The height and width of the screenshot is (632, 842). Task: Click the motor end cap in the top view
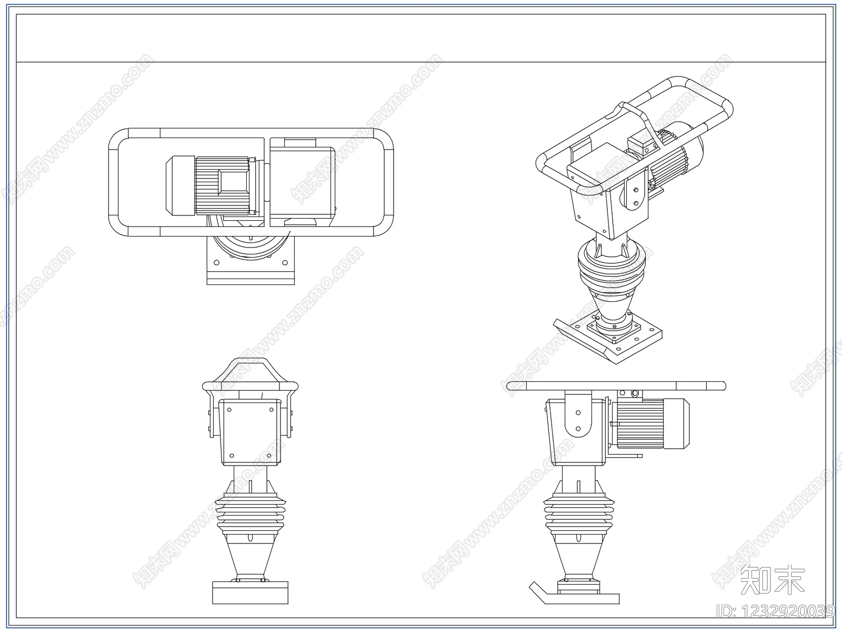pos(180,185)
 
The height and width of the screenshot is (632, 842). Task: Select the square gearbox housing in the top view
pos(302,182)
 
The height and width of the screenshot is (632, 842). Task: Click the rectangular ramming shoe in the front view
pos(250,593)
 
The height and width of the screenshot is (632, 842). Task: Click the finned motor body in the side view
pos(639,423)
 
